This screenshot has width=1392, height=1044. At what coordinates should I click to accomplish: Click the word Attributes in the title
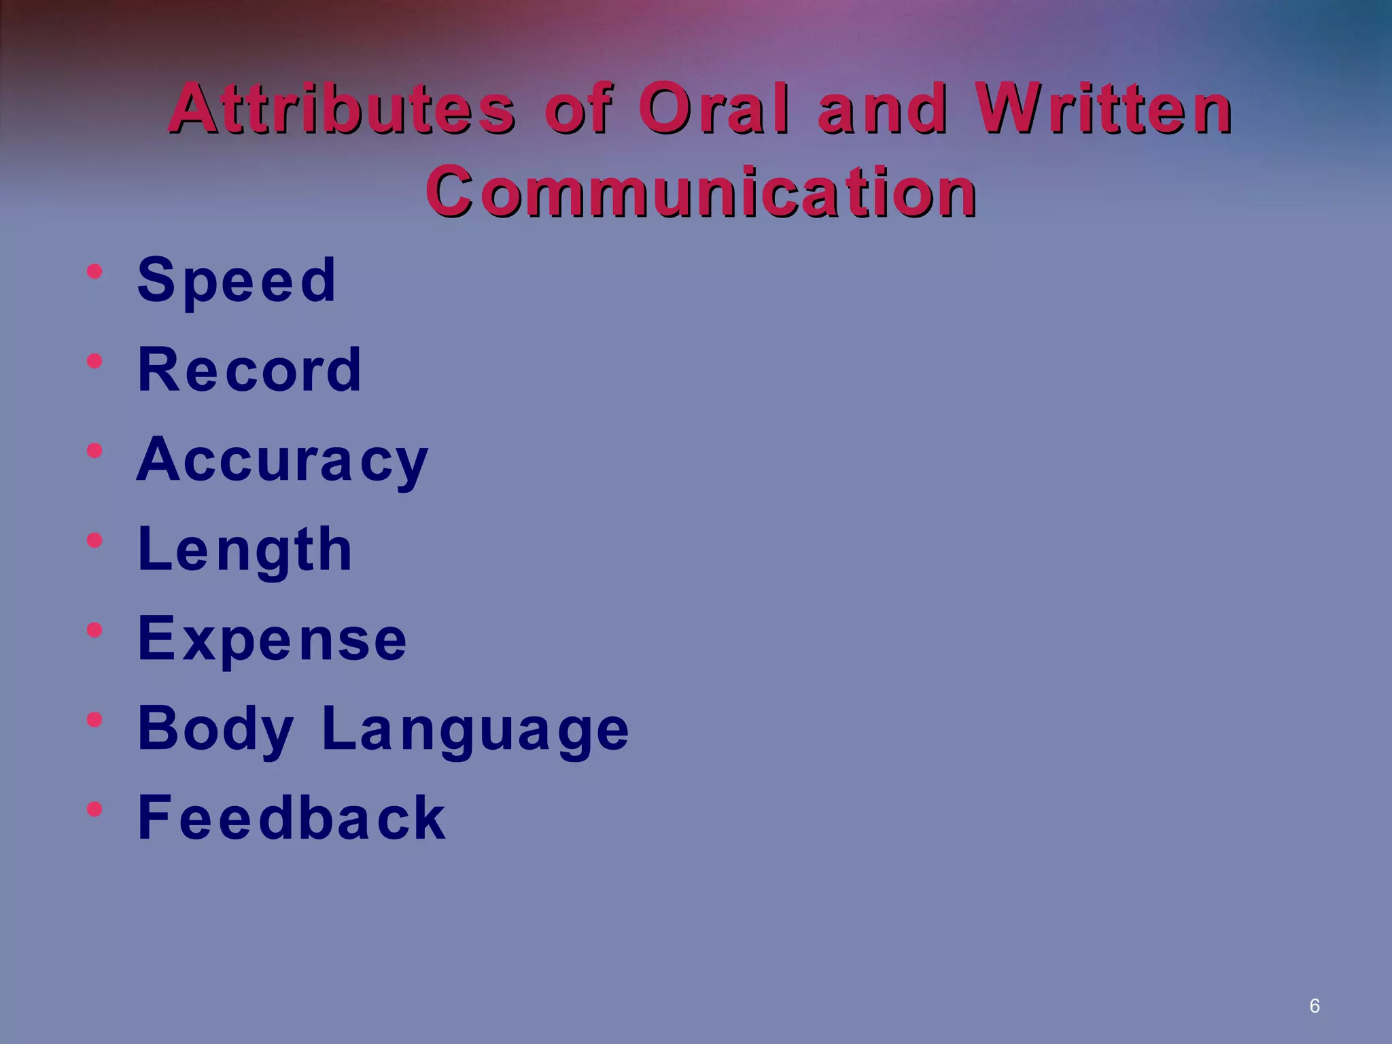point(342,109)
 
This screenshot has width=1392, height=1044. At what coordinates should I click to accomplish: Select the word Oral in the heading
point(715,109)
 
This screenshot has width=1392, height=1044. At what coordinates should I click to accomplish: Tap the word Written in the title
point(1103,109)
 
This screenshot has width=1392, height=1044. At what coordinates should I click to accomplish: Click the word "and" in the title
point(882,109)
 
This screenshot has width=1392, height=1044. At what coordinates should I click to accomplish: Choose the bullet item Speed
point(237,280)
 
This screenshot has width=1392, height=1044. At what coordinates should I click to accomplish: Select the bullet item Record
point(249,370)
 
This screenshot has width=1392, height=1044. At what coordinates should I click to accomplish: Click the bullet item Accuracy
point(282,460)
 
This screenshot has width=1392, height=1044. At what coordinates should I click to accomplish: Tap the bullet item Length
point(245,550)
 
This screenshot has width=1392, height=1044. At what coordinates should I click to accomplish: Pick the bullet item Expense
point(272,639)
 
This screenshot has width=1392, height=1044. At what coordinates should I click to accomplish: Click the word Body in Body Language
point(215,729)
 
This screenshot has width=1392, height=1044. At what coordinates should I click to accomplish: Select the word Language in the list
point(476,729)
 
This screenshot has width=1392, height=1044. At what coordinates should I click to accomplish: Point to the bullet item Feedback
point(292,818)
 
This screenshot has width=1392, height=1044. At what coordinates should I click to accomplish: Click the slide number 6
point(1315,1006)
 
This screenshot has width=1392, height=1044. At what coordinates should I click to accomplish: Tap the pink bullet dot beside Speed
point(94,272)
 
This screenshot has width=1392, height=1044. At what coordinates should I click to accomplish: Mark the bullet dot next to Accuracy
point(94,451)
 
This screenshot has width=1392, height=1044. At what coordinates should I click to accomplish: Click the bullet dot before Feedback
point(94,809)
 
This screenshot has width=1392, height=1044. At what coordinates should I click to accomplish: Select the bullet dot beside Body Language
point(94,719)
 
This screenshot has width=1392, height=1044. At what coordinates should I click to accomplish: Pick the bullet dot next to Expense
point(94,629)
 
